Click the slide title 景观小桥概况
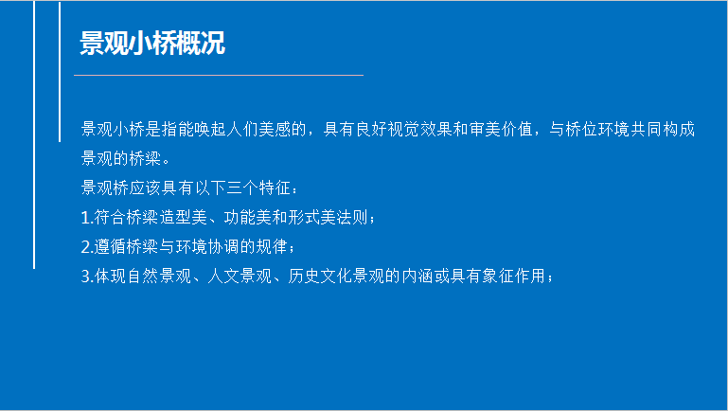pyautogui.click(x=152, y=44)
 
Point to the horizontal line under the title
pyautogui.click(x=219, y=75)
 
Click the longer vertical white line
pyautogui.click(x=34, y=134)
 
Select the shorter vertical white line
pyautogui.click(x=60, y=72)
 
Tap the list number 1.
pyautogui.click(x=85, y=218)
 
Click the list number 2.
pyautogui.click(x=85, y=247)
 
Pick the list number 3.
pyautogui.click(x=85, y=277)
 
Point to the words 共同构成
pyautogui.click(x=663, y=129)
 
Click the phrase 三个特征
pyautogui.click(x=259, y=188)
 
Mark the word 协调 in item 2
pyautogui.click(x=223, y=247)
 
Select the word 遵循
pyautogui.click(x=111, y=247)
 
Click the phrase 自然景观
pyautogui.click(x=159, y=277)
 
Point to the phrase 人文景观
pyautogui.click(x=240, y=277)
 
